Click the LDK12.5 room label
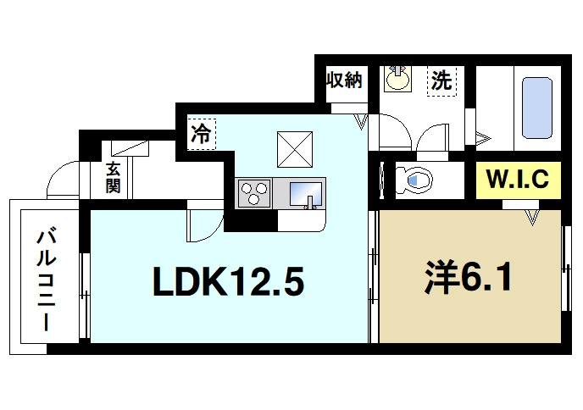point(228,281)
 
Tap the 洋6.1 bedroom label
point(469,277)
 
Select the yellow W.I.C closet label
point(518,180)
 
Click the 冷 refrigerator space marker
point(201,134)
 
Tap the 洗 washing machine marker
point(441,80)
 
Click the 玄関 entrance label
point(113,178)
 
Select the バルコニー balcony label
point(47,280)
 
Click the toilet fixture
point(414,180)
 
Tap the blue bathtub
point(537,108)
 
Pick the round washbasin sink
point(397,79)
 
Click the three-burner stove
point(254,193)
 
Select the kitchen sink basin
point(306,194)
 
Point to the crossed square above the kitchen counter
point(295,149)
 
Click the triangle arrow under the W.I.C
point(532,218)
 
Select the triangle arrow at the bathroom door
point(483,139)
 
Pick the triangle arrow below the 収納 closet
point(361,122)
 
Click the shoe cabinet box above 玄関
point(130,148)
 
